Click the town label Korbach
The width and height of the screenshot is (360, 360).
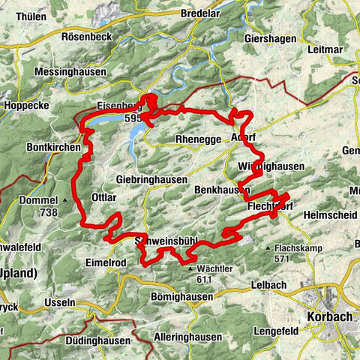click(329, 317)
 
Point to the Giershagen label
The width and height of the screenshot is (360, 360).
click(267, 37)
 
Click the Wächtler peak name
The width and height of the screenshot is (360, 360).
click(211, 268)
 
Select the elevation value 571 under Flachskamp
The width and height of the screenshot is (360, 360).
click(282, 259)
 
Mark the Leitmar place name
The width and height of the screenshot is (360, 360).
click(325, 49)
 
